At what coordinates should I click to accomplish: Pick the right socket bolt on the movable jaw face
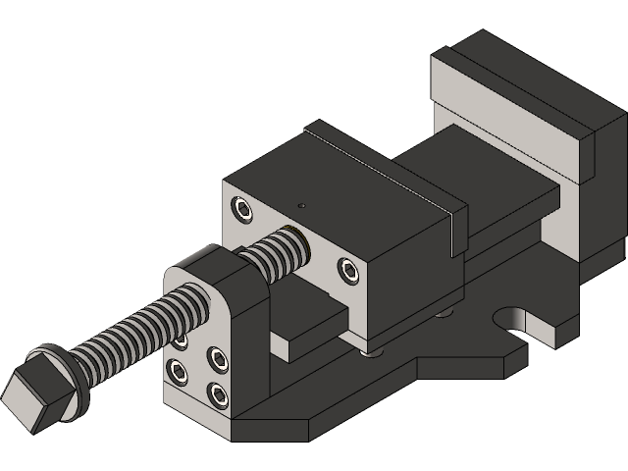(x=348, y=271)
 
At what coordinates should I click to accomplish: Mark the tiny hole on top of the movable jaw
(x=302, y=206)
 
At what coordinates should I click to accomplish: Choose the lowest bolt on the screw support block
(x=218, y=394)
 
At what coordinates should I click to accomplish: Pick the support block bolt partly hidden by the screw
(x=181, y=339)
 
